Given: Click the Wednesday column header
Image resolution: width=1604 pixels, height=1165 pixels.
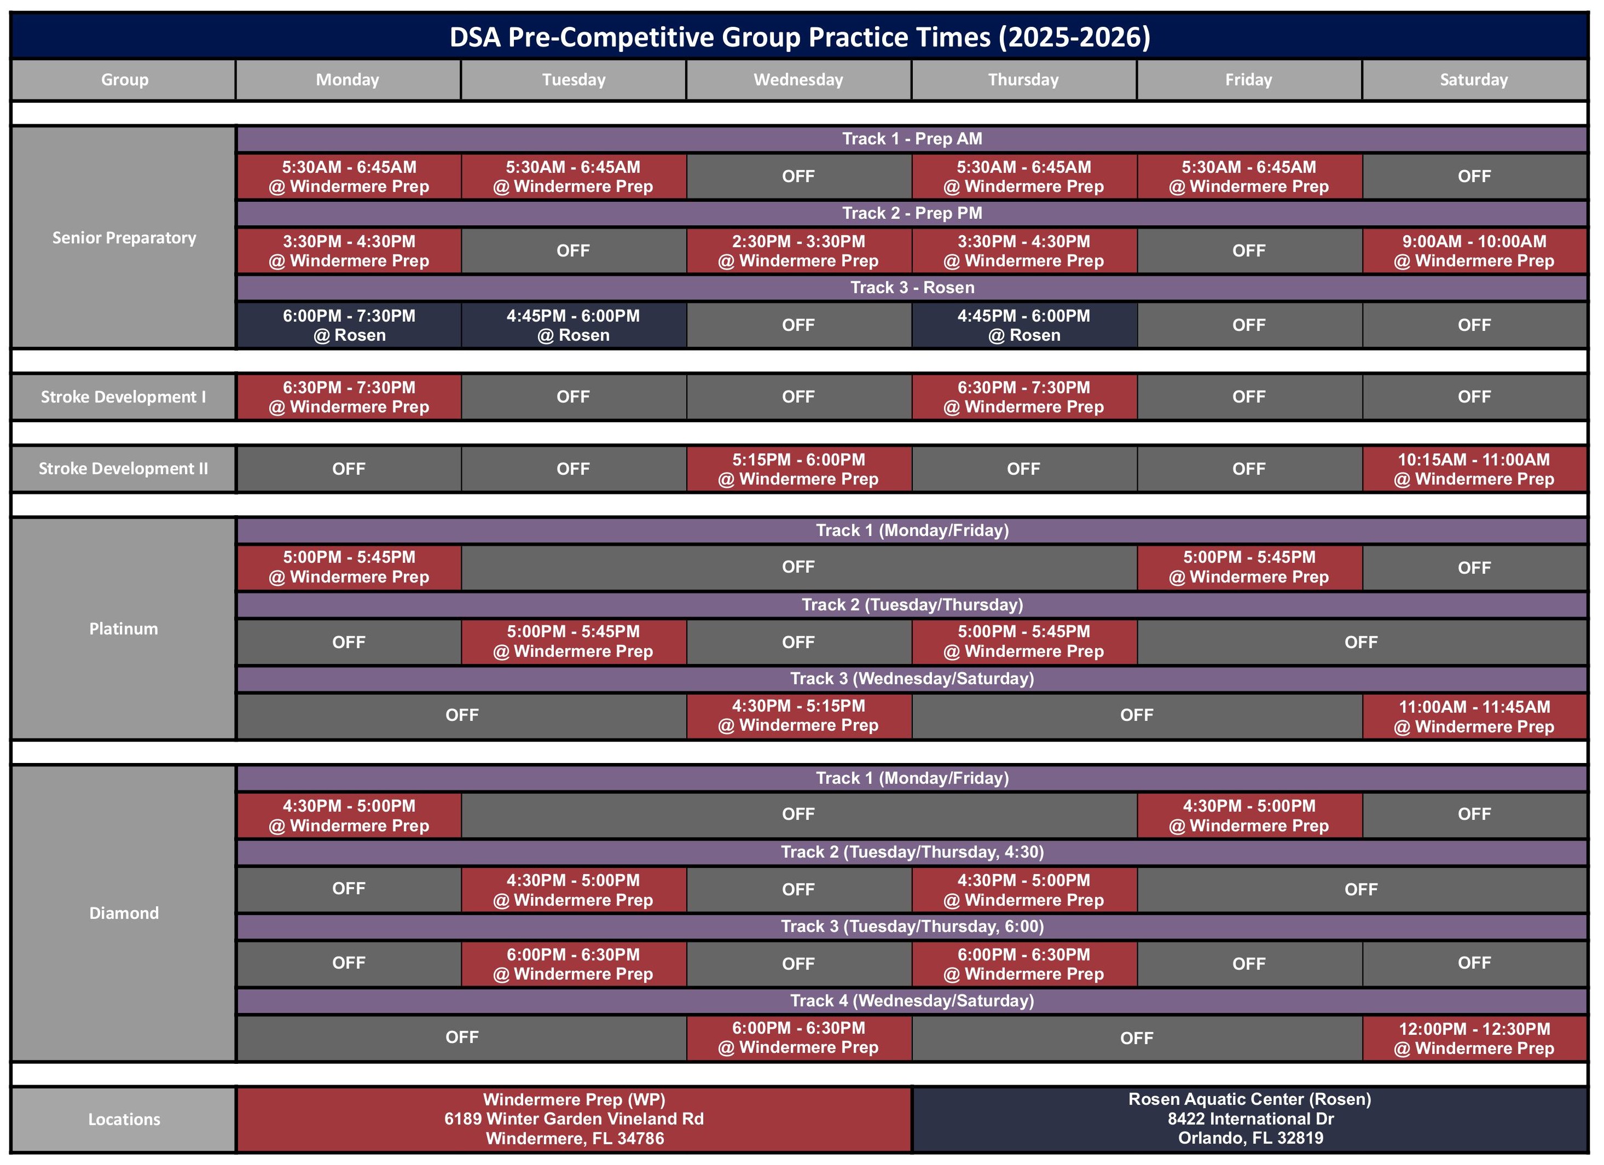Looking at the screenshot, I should point(798,80).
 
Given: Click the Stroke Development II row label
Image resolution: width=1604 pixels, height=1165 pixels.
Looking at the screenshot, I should point(124,469).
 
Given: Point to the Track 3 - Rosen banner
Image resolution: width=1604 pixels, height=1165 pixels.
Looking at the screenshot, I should point(912,288).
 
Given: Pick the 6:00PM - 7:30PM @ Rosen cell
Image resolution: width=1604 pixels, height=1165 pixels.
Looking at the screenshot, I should point(349,325).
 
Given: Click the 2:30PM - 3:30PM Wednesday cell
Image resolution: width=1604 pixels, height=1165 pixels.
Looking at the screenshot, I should point(798,251).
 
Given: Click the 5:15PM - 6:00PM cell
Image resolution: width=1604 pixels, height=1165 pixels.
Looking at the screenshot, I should point(798,469).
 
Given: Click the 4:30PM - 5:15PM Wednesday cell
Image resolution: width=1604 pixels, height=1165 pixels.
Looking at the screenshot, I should point(798,715).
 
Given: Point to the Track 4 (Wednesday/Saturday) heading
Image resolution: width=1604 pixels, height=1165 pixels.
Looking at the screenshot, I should point(912,1001).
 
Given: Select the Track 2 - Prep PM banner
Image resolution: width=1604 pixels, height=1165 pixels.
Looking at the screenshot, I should point(912,213).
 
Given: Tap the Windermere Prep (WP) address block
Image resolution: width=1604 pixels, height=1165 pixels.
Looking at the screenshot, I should point(574,1119).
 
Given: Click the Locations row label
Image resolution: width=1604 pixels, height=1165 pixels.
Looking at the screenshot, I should point(124,1120).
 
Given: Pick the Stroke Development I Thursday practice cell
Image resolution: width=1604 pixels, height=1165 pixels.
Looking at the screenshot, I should point(1023,397).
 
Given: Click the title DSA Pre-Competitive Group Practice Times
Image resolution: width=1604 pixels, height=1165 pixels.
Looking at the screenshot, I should point(799,37).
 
